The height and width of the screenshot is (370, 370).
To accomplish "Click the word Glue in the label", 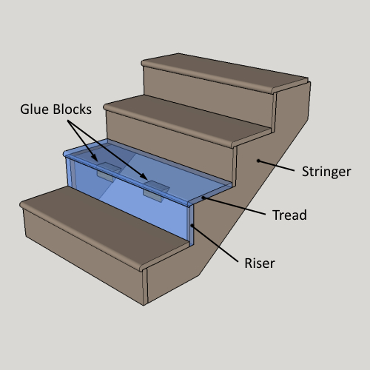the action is (35, 110).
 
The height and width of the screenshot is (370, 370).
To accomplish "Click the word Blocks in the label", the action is (73, 110).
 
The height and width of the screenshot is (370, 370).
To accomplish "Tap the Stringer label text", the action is (326, 172).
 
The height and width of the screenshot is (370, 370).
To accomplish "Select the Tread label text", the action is (289, 215).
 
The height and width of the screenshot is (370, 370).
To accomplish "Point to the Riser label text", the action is (260, 263).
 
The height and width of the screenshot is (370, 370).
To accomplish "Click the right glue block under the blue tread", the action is (156, 191).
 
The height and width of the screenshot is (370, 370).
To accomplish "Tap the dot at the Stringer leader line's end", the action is (258, 161).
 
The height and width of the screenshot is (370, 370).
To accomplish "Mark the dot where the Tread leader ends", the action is (203, 198).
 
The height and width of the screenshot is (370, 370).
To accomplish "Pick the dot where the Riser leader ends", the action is (192, 225).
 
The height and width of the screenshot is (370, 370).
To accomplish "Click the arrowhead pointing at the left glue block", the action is (95, 158).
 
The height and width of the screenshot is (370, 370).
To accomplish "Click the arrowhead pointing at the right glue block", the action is (144, 176).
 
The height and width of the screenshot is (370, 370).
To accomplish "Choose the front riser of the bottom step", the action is (84, 257).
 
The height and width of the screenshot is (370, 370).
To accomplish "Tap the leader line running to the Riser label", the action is (215, 243).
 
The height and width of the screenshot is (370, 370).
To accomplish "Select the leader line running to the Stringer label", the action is (276, 166).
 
